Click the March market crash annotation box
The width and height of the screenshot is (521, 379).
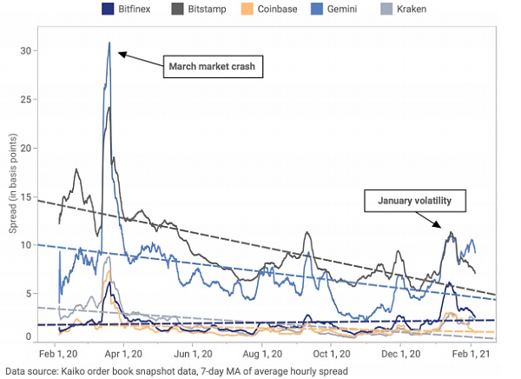click(x=213, y=67)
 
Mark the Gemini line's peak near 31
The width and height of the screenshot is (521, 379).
click(x=109, y=43)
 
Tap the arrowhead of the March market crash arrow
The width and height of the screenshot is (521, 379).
click(x=120, y=54)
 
